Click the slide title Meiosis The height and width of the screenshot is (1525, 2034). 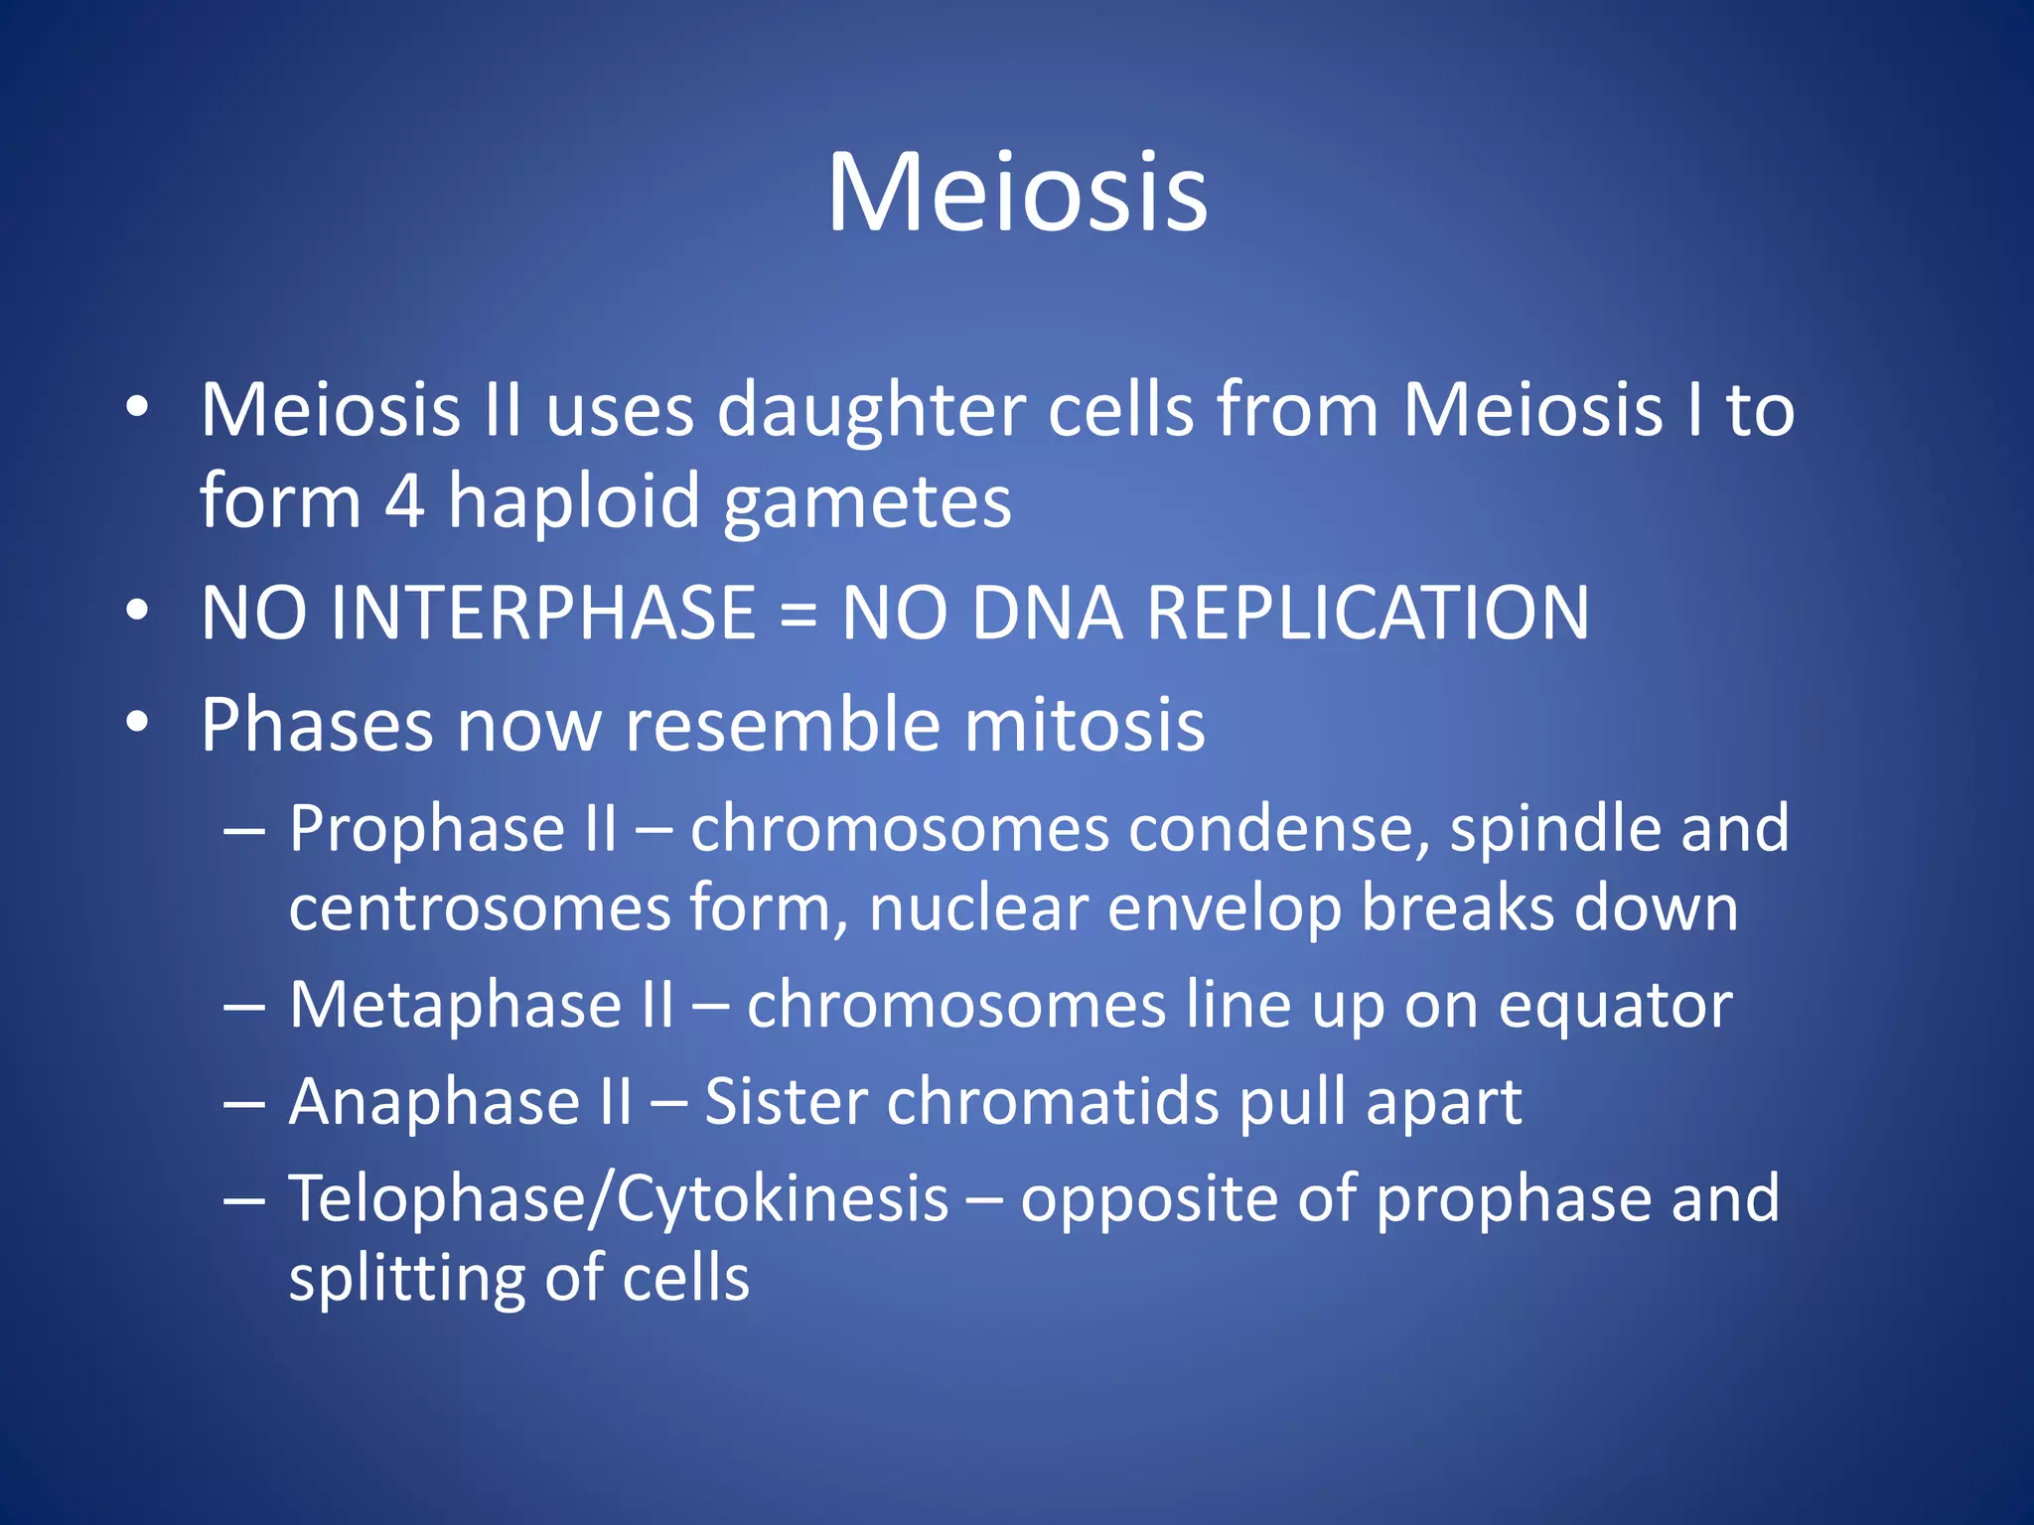(1017, 193)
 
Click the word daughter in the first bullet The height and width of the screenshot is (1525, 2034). (871, 411)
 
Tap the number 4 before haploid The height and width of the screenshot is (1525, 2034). (404, 501)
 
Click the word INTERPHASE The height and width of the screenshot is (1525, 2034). (543, 613)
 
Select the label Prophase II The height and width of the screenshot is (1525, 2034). (453, 829)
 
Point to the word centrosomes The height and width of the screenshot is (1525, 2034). (480, 908)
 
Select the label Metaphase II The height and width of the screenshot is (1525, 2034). (481, 1006)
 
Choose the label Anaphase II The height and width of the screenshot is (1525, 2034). (460, 1102)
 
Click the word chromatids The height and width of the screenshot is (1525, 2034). (1052, 1102)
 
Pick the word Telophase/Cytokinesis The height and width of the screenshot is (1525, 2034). (618, 1199)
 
